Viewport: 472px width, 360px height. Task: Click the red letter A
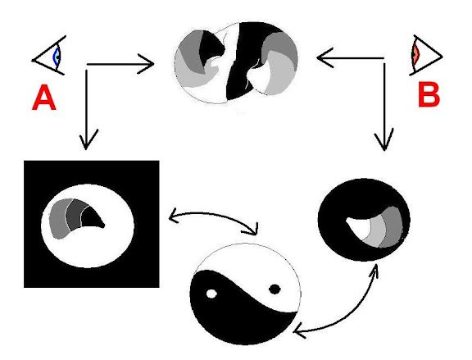[x=44, y=98]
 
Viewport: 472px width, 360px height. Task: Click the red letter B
[x=429, y=94]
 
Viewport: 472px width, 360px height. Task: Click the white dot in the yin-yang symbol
[x=211, y=294]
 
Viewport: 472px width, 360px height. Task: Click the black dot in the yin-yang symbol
[x=275, y=289]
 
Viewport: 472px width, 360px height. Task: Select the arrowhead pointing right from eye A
[x=147, y=64]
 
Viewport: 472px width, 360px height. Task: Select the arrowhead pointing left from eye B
[x=325, y=57]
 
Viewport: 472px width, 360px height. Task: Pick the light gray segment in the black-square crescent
[x=59, y=218]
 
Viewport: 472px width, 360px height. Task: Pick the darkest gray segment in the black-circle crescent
[x=393, y=227]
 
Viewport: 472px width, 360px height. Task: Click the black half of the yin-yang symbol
[x=241, y=317]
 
